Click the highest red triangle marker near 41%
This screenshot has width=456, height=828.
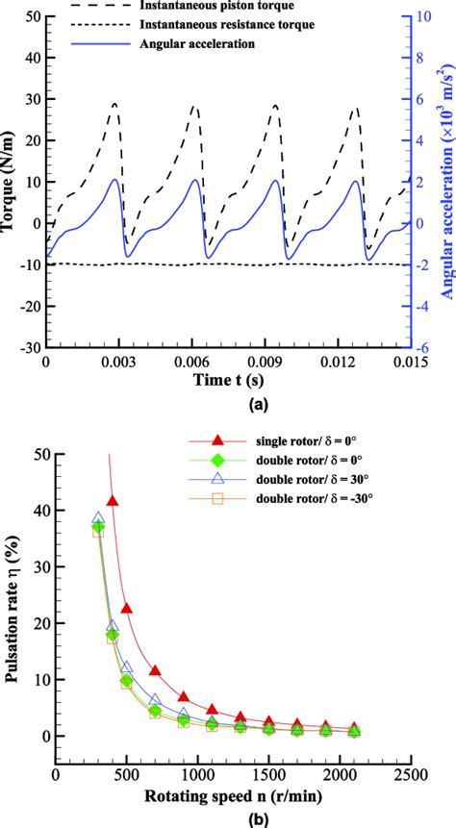pos(113,501)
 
